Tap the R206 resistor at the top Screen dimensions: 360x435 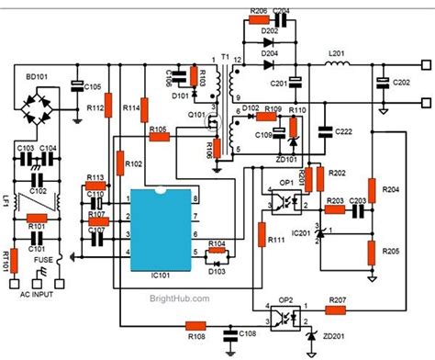[258, 20]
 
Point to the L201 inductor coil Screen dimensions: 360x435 [338, 66]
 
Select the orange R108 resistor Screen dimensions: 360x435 [195, 324]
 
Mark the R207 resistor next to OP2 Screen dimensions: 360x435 [335, 301]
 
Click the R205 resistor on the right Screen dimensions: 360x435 [372, 251]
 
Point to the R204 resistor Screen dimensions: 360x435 [372, 188]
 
